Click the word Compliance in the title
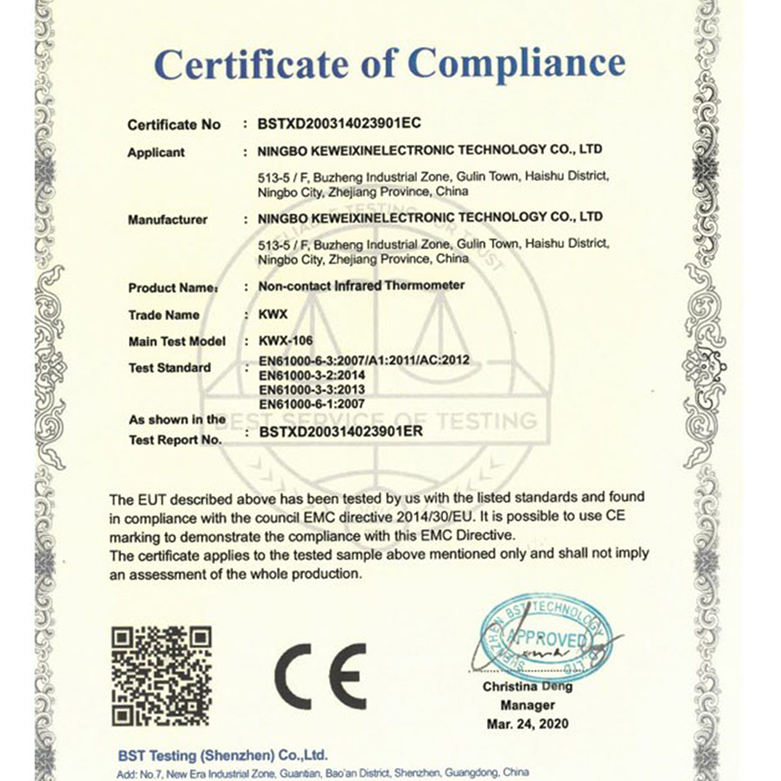pyautogui.click(x=516, y=64)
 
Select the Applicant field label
pyautogui.click(x=156, y=152)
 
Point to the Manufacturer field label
pyautogui.click(x=168, y=220)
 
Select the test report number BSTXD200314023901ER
pyautogui.click(x=342, y=438)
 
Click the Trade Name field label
pyautogui.click(x=163, y=315)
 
